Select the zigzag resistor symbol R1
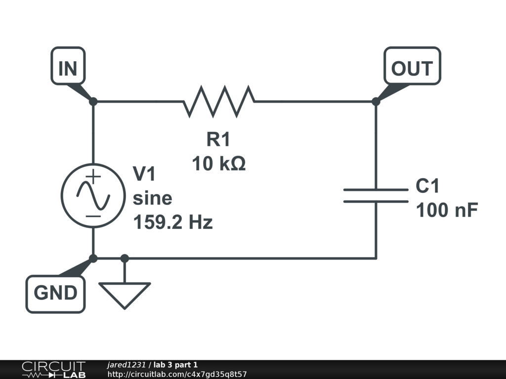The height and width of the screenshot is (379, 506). [x=219, y=102]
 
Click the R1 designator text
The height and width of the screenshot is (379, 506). [x=218, y=140]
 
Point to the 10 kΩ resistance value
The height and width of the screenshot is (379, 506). [x=218, y=163]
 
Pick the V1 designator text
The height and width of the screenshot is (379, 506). [x=145, y=174]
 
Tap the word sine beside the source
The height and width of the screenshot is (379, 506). [x=152, y=198]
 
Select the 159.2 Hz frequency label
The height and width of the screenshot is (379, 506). [x=173, y=222]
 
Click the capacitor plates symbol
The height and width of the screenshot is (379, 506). [x=376, y=195]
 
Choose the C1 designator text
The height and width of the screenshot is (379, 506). [x=427, y=187]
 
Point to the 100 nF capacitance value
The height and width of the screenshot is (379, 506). [x=447, y=211]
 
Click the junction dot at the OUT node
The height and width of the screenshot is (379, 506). [x=376, y=102]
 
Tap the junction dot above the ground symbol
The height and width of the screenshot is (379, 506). [x=125, y=258]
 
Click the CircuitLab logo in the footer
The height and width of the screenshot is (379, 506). [x=53, y=370]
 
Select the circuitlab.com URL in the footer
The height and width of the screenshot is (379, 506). [x=177, y=375]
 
